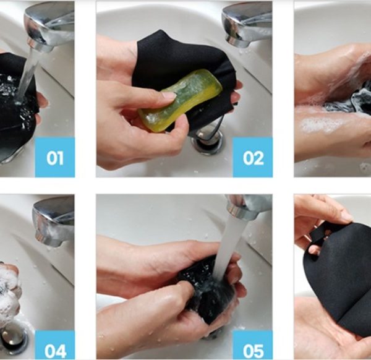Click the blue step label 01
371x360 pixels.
pos(55,157)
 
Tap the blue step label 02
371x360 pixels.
pos(252,157)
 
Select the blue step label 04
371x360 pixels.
pos(55,345)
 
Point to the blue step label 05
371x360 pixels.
pos(252,345)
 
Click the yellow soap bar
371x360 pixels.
pos(180,100)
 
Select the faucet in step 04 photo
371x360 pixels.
pos(53,221)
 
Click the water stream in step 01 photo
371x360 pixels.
pos(28,75)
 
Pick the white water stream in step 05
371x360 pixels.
pos(226,246)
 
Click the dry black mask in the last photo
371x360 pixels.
pos(341,272)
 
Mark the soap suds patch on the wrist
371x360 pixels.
pos(320,125)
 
